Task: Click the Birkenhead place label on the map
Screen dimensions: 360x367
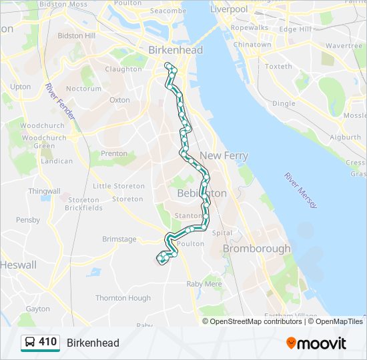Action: tap(175, 50)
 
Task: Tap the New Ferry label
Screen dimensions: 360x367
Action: tap(224, 155)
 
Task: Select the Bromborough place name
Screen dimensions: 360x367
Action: tap(256, 249)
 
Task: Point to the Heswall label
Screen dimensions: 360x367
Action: tap(17, 265)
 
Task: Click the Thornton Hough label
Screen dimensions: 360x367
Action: tap(123, 298)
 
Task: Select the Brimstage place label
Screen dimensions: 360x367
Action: tap(119, 239)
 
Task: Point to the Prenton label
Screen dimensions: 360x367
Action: tap(113, 153)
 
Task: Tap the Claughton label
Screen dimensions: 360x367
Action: tap(123, 69)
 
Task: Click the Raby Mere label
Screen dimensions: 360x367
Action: tap(204, 283)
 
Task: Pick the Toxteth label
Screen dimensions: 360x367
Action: tap(278, 67)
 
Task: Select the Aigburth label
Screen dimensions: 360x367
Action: tap(344, 137)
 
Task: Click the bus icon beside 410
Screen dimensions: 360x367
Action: tap(30, 343)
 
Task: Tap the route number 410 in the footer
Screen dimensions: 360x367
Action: tap(47, 342)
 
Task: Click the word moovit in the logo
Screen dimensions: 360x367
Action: tap(322, 343)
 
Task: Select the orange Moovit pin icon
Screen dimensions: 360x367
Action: tap(291, 343)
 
